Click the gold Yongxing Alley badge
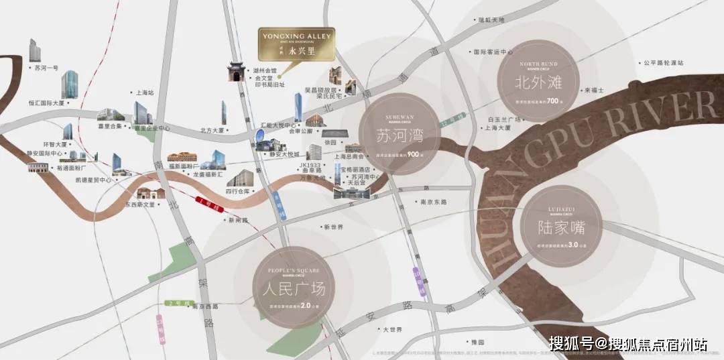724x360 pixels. click(296, 44)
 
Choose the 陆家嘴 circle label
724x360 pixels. click(562, 227)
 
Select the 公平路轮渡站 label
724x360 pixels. click(663, 63)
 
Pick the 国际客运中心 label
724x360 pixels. click(493, 52)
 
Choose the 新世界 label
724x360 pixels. click(333, 227)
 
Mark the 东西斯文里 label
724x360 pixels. click(139, 204)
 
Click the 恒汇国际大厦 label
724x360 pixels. click(46, 103)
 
